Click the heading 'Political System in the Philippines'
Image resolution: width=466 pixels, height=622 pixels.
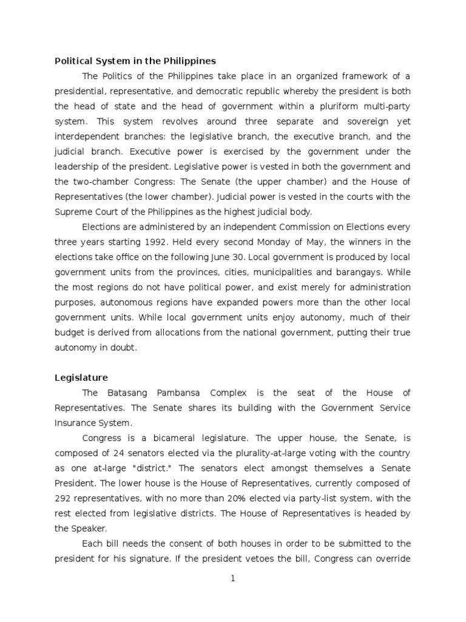[135, 61]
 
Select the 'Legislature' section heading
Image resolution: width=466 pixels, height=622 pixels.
[81, 378]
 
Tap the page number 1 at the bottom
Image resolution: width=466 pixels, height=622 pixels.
[232, 579]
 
